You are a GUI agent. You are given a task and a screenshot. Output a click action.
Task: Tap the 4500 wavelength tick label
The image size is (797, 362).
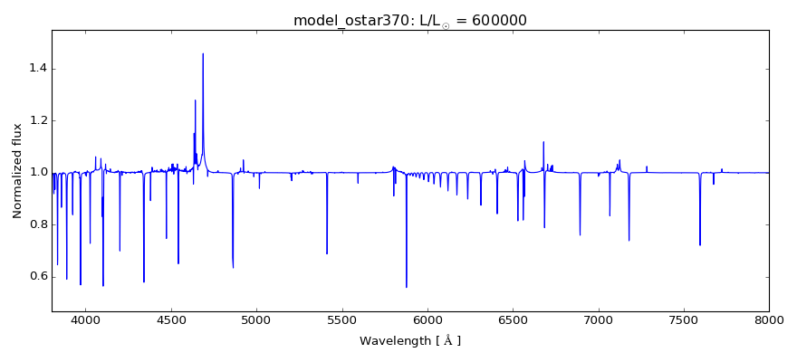[x=171, y=319]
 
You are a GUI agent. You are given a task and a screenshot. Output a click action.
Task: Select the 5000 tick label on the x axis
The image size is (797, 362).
[x=256, y=319]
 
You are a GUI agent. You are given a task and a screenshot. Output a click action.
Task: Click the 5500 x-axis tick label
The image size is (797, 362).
[x=341, y=319]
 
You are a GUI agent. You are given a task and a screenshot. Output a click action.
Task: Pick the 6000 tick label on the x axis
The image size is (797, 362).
[x=427, y=319]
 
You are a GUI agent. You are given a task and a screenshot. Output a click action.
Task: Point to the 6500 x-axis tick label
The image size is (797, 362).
[x=513, y=319]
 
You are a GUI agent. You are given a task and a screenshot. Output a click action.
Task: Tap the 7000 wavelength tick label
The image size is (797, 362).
[x=598, y=319]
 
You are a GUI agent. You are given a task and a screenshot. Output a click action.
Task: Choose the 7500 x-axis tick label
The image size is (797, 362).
[x=684, y=319]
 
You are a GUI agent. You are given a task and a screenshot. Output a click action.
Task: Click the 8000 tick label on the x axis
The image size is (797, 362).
[x=769, y=319]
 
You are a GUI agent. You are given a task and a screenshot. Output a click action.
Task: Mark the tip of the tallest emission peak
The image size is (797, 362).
[x=203, y=53]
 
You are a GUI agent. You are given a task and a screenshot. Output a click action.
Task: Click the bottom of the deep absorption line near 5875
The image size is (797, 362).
[x=406, y=287]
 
